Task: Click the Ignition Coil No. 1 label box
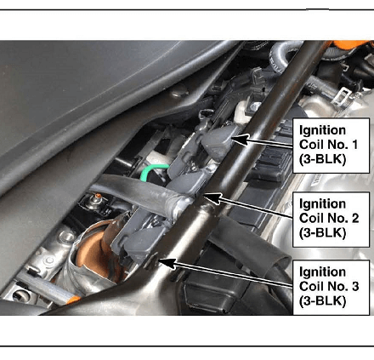[x=331, y=146]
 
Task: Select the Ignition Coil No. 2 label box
[x=331, y=220]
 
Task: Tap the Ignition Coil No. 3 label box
[x=331, y=288]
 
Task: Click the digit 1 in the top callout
[x=354, y=145]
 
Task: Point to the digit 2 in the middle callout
[x=355, y=218]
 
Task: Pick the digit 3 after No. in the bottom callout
[x=355, y=286]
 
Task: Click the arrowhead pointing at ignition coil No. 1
[x=239, y=140]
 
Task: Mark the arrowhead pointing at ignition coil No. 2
[x=213, y=198]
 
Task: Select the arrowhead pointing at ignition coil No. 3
[x=167, y=263]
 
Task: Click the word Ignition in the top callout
[x=322, y=131]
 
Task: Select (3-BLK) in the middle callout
[x=322, y=232]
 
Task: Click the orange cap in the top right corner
[x=351, y=44]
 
